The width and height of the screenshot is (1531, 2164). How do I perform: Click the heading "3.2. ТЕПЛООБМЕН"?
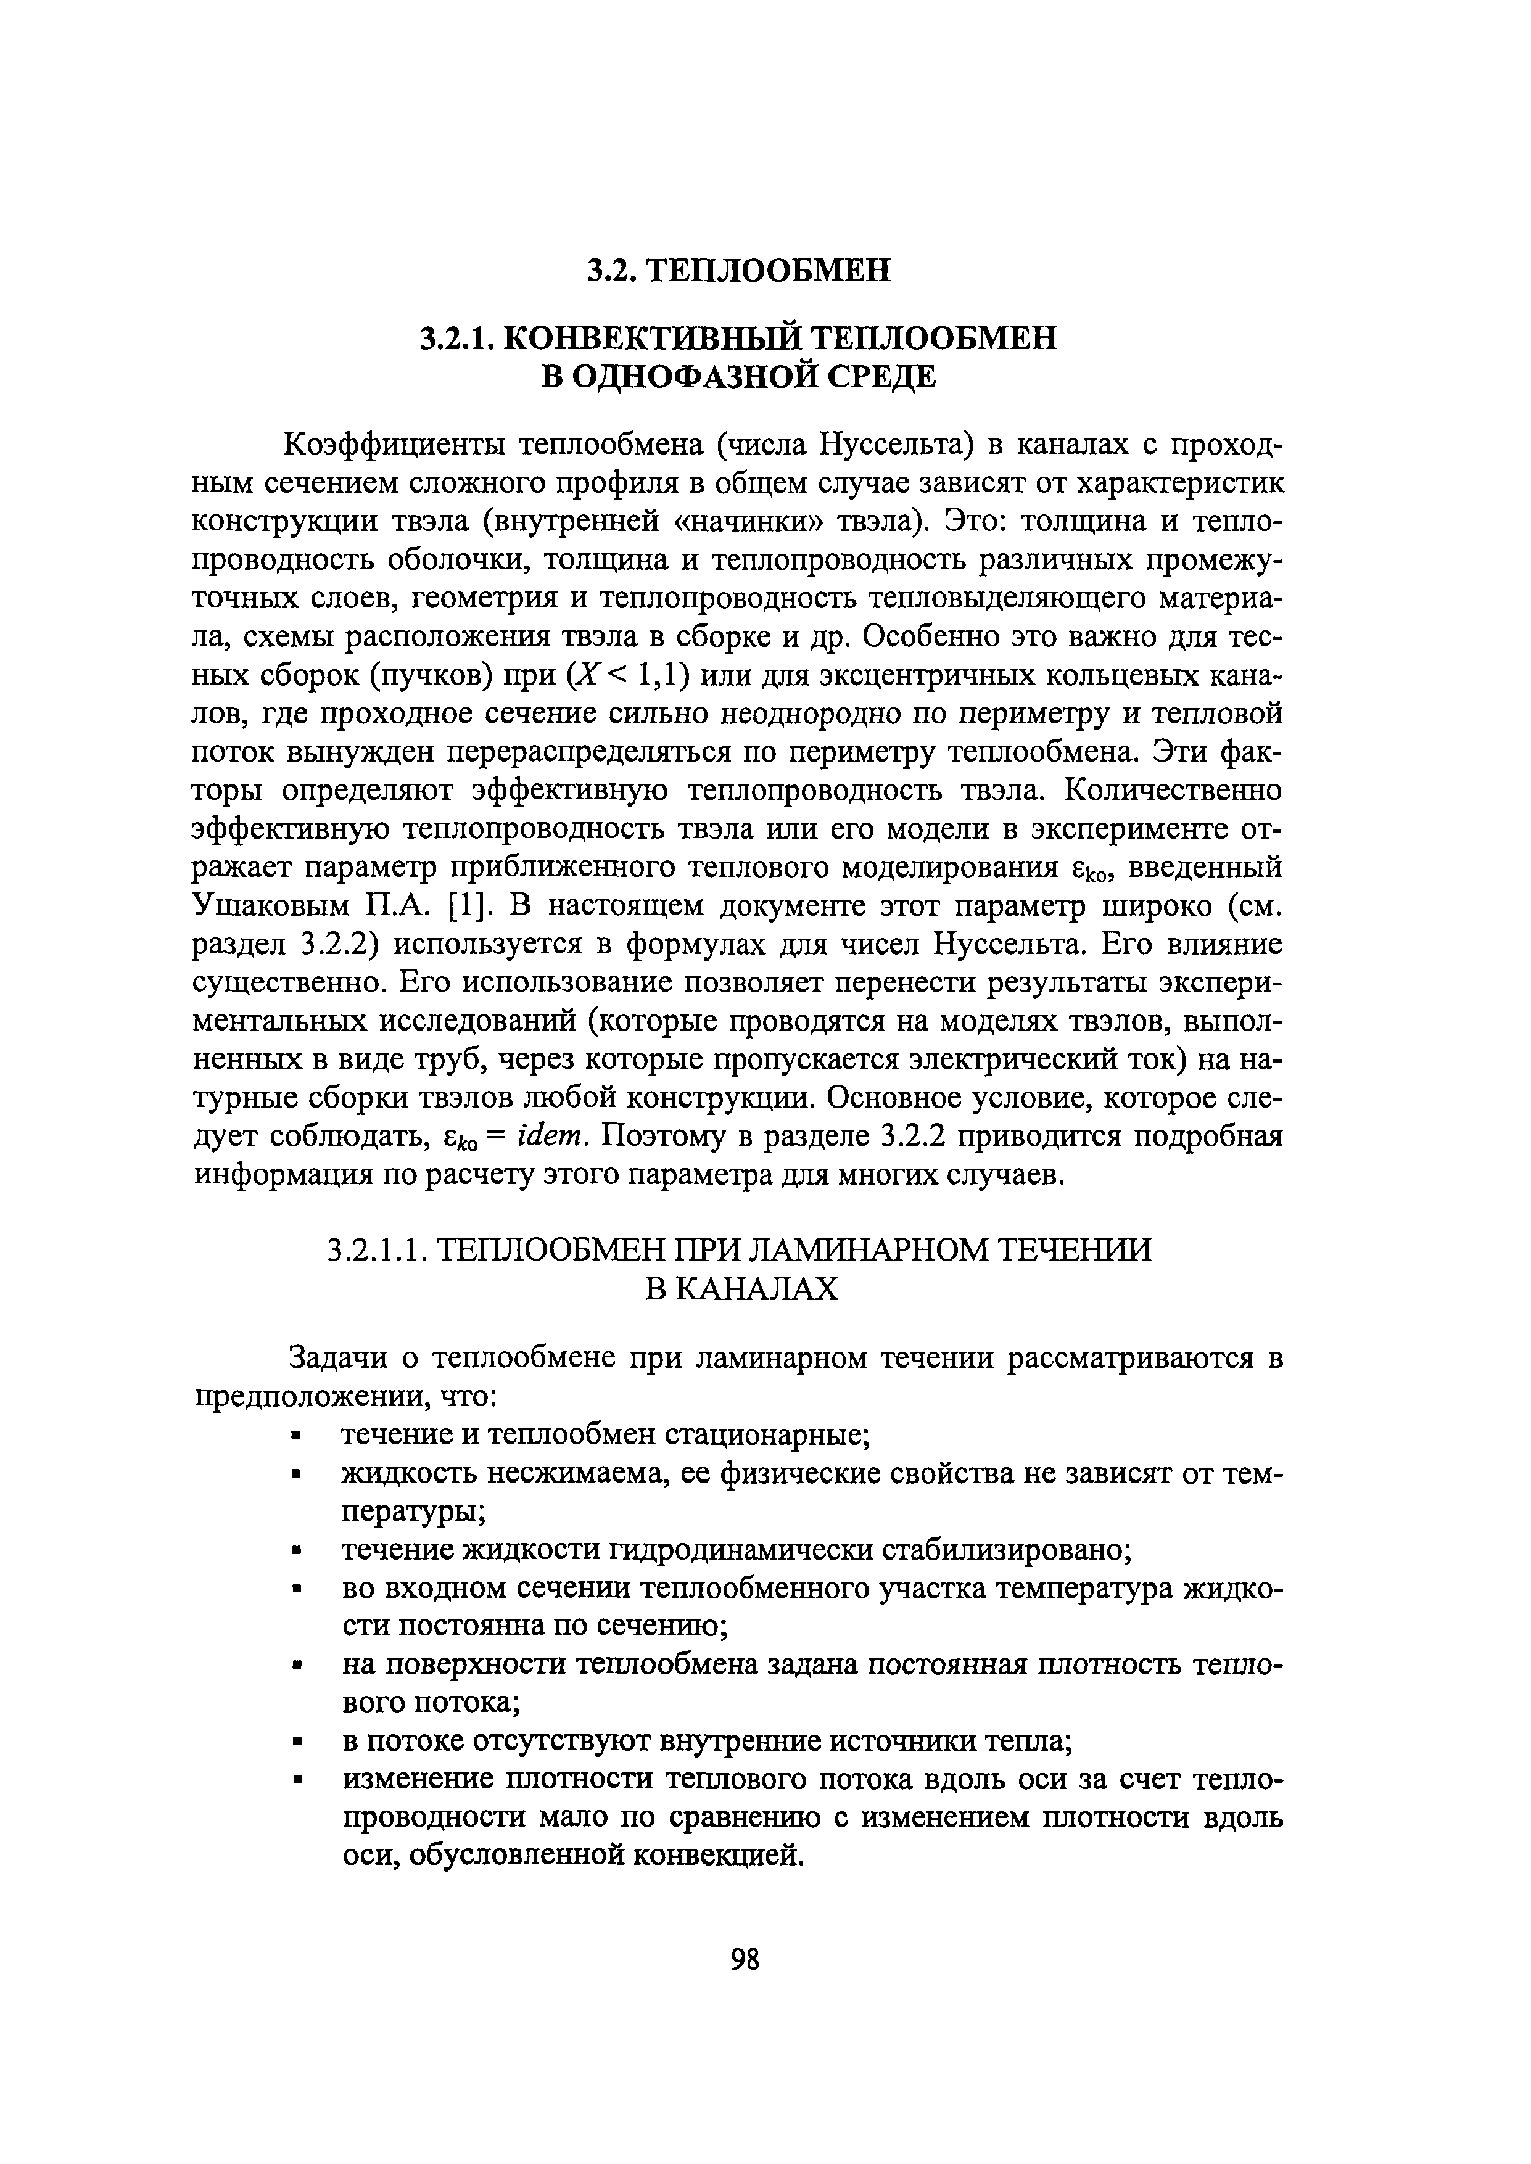(738, 271)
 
